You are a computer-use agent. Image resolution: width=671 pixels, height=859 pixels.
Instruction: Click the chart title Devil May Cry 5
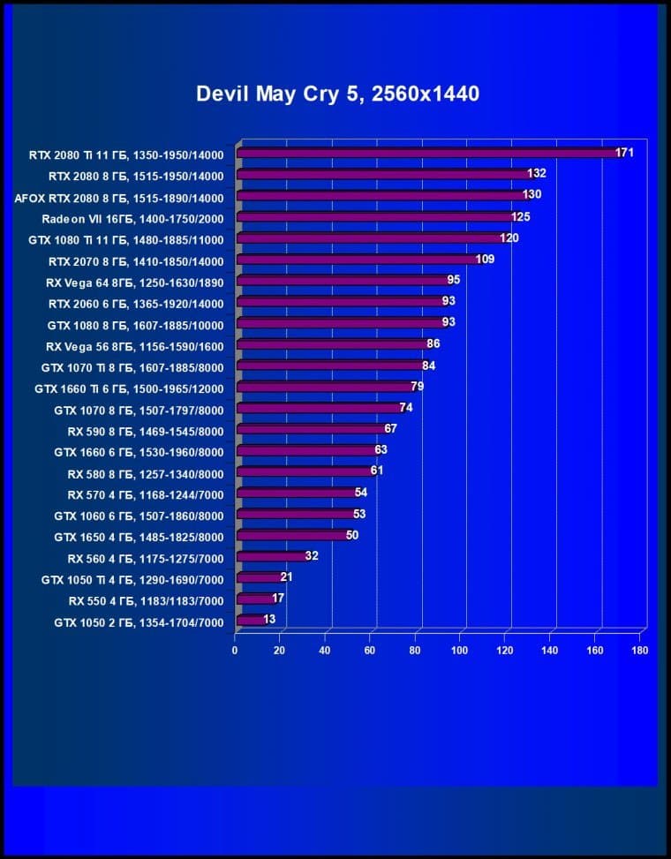337,94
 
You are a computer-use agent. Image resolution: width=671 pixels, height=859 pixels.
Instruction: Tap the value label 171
625,153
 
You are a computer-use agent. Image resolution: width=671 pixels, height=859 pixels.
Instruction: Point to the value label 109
485,260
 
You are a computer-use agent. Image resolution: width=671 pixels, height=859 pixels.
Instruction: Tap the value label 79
418,387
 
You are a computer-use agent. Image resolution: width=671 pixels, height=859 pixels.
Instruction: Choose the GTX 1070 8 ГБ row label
139,410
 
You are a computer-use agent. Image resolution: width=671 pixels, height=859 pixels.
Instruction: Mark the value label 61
377,471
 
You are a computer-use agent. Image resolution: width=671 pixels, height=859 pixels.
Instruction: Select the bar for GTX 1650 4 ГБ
292,536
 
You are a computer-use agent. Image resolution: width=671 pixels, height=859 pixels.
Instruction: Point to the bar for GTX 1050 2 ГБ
251,621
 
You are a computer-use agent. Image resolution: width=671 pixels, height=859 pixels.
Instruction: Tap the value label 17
278,599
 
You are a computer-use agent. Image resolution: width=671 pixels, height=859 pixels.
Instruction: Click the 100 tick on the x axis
460,651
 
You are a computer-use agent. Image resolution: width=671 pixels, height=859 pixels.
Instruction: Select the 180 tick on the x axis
640,651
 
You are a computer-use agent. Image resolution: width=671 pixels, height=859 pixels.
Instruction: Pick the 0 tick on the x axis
235,651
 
